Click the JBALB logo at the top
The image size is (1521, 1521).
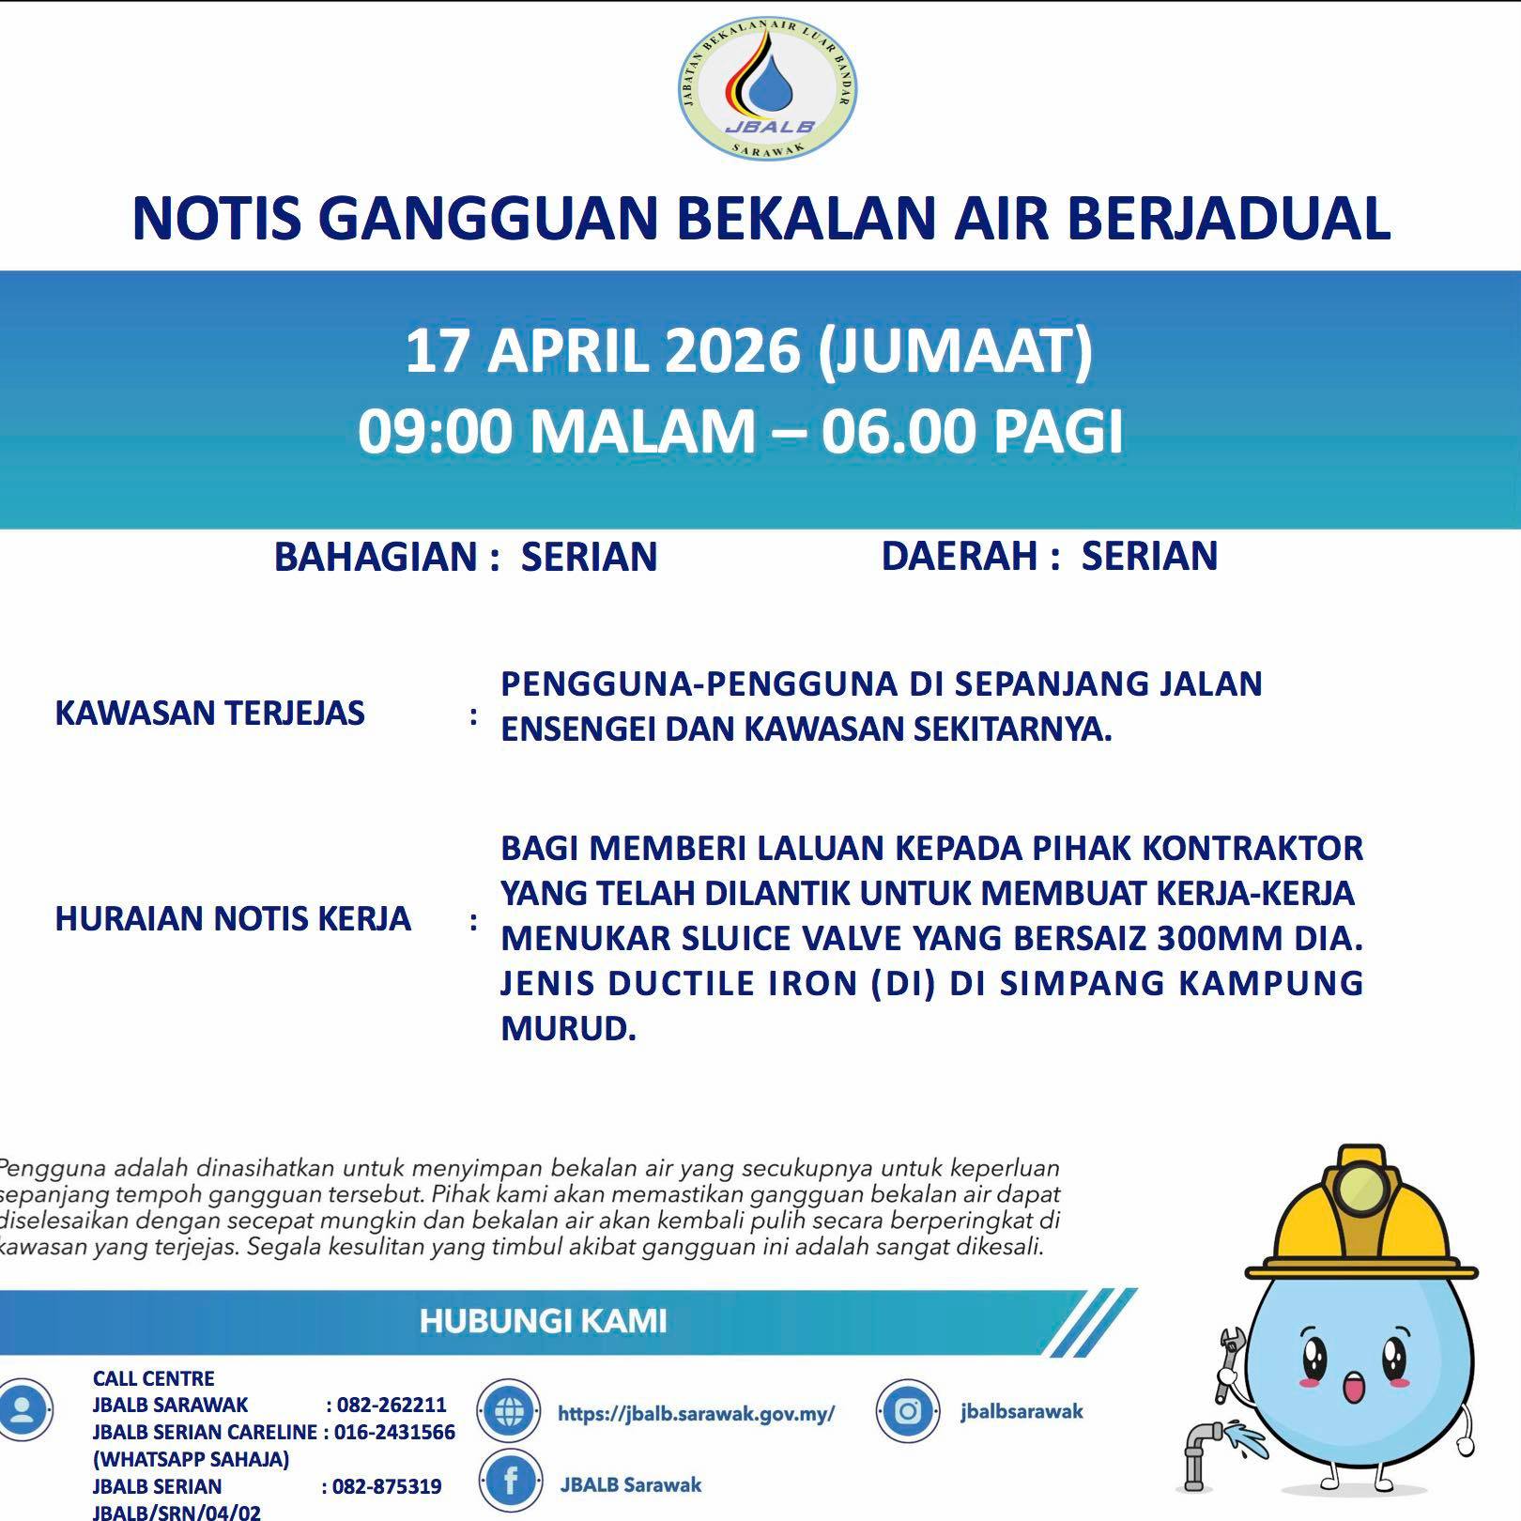(x=767, y=90)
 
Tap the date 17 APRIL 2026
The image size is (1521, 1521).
(x=602, y=351)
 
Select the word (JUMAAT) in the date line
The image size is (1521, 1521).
(x=955, y=351)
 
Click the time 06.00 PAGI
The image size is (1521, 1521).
(x=972, y=432)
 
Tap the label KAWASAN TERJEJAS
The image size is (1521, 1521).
(x=209, y=714)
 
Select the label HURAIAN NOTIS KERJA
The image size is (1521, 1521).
(x=233, y=918)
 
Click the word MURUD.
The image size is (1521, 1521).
(x=568, y=1029)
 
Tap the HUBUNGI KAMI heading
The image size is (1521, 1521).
(x=543, y=1321)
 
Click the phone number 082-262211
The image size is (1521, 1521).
(x=392, y=1405)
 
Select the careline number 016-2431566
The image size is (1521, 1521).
(x=394, y=1432)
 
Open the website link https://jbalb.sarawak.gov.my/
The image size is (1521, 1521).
(x=696, y=1413)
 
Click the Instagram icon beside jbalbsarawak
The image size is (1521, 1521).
(x=907, y=1411)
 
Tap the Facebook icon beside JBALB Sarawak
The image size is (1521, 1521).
(x=511, y=1483)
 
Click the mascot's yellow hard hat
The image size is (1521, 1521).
(x=1359, y=1221)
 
